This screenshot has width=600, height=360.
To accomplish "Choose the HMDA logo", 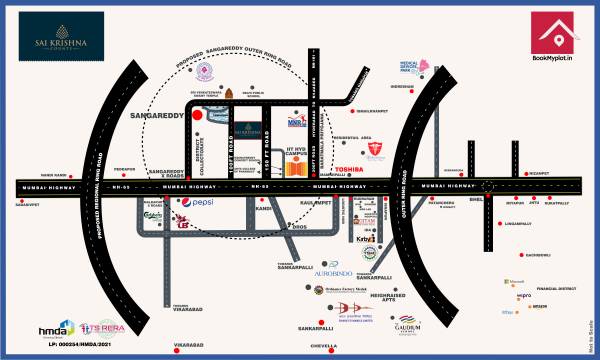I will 56,328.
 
